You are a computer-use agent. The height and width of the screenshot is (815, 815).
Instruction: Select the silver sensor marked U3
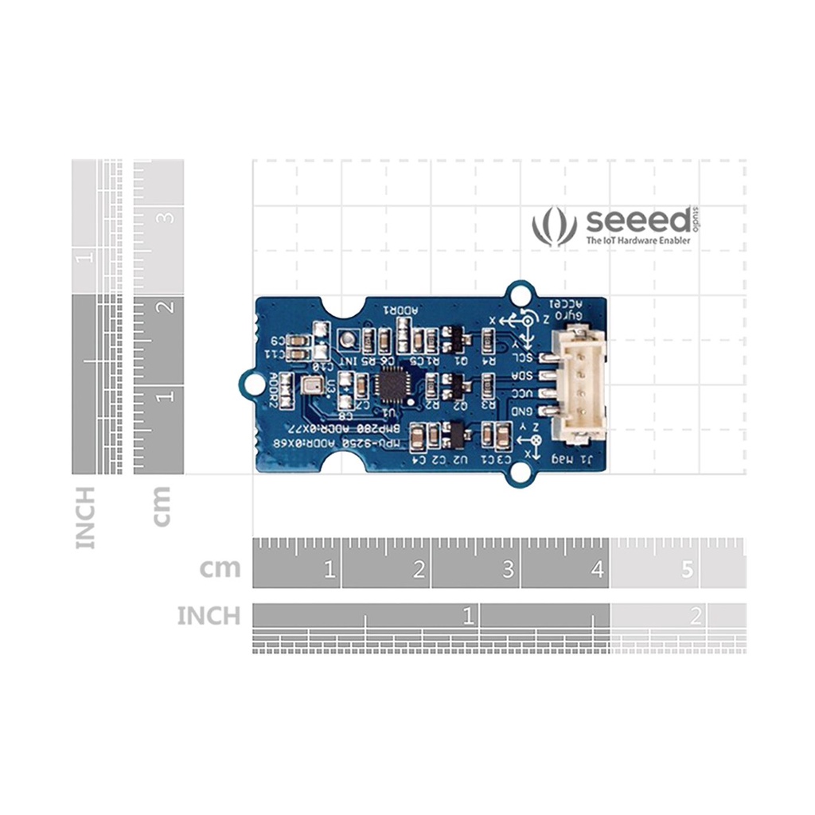click(x=310, y=388)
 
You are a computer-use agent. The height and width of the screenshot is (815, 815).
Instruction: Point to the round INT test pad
click(x=346, y=341)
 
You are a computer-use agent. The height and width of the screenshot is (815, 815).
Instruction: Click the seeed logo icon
click(x=554, y=226)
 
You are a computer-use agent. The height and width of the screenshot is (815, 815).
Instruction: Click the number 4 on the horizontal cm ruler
click(x=597, y=571)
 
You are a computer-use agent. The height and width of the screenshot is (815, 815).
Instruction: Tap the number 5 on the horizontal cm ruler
click(x=687, y=571)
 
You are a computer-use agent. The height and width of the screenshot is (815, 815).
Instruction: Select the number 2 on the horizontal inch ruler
click(x=696, y=615)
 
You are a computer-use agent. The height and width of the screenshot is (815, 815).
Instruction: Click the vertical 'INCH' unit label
click(x=85, y=517)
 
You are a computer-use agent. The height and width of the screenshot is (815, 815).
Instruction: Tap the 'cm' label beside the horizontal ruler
click(x=220, y=568)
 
